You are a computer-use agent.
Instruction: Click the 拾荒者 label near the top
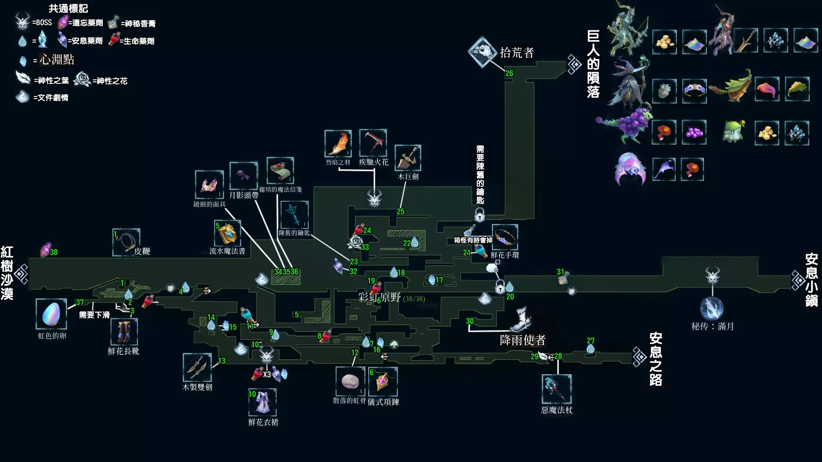pos(517,53)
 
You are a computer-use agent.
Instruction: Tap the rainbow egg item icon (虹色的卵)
pos(51,314)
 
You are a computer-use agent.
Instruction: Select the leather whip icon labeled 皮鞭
pos(126,242)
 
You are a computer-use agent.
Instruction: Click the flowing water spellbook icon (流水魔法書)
pos(227,233)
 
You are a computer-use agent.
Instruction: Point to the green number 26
pos(509,74)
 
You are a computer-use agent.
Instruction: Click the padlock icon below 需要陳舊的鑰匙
pos(479,215)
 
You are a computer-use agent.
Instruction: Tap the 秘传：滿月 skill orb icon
pos(712,308)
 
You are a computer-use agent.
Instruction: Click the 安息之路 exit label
pos(655,359)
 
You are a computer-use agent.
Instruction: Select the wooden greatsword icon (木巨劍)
pos(408,158)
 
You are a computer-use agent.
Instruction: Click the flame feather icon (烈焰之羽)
pos(338,144)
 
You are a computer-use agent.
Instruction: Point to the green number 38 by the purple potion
pos(54,252)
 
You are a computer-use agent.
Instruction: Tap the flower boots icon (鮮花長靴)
pos(124,332)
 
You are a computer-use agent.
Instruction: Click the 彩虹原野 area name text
pos(379,297)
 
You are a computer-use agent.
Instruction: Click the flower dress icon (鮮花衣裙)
pos(262,402)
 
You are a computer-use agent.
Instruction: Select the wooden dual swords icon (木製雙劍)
pos(197,367)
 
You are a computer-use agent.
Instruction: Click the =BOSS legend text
pos(42,23)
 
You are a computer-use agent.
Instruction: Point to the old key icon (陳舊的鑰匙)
pos(294,215)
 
